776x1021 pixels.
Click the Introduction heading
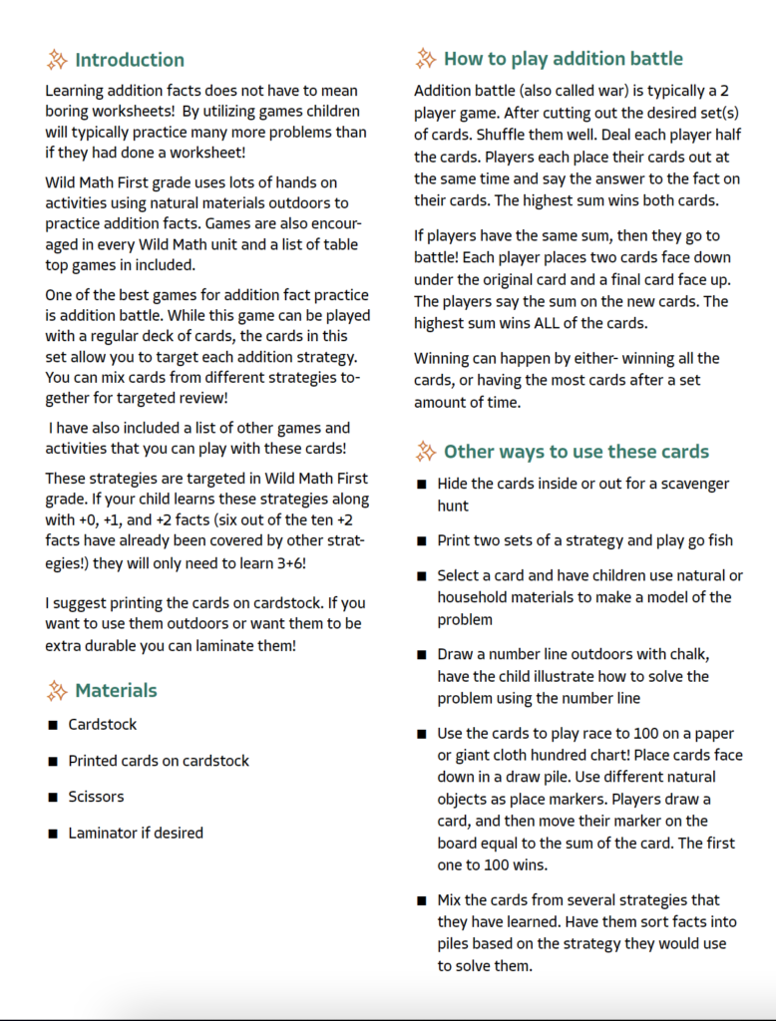click(x=129, y=60)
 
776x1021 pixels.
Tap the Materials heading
click(x=116, y=690)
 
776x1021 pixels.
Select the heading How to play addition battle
click(x=563, y=59)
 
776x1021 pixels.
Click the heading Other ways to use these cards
click(x=576, y=452)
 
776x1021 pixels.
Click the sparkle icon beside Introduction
click(x=57, y=60)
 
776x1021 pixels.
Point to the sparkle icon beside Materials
click(x=57, y=690)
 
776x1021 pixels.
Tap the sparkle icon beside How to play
click(x=425, y=59)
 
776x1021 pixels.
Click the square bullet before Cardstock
click(x=53, y=725)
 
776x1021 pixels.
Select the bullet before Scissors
click(x=53, y=798)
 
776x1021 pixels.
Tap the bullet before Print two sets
click(x=422, y=541)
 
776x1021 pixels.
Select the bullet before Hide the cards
click(x=422, y=485)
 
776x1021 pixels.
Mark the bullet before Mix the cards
click(x=422, y=901)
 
